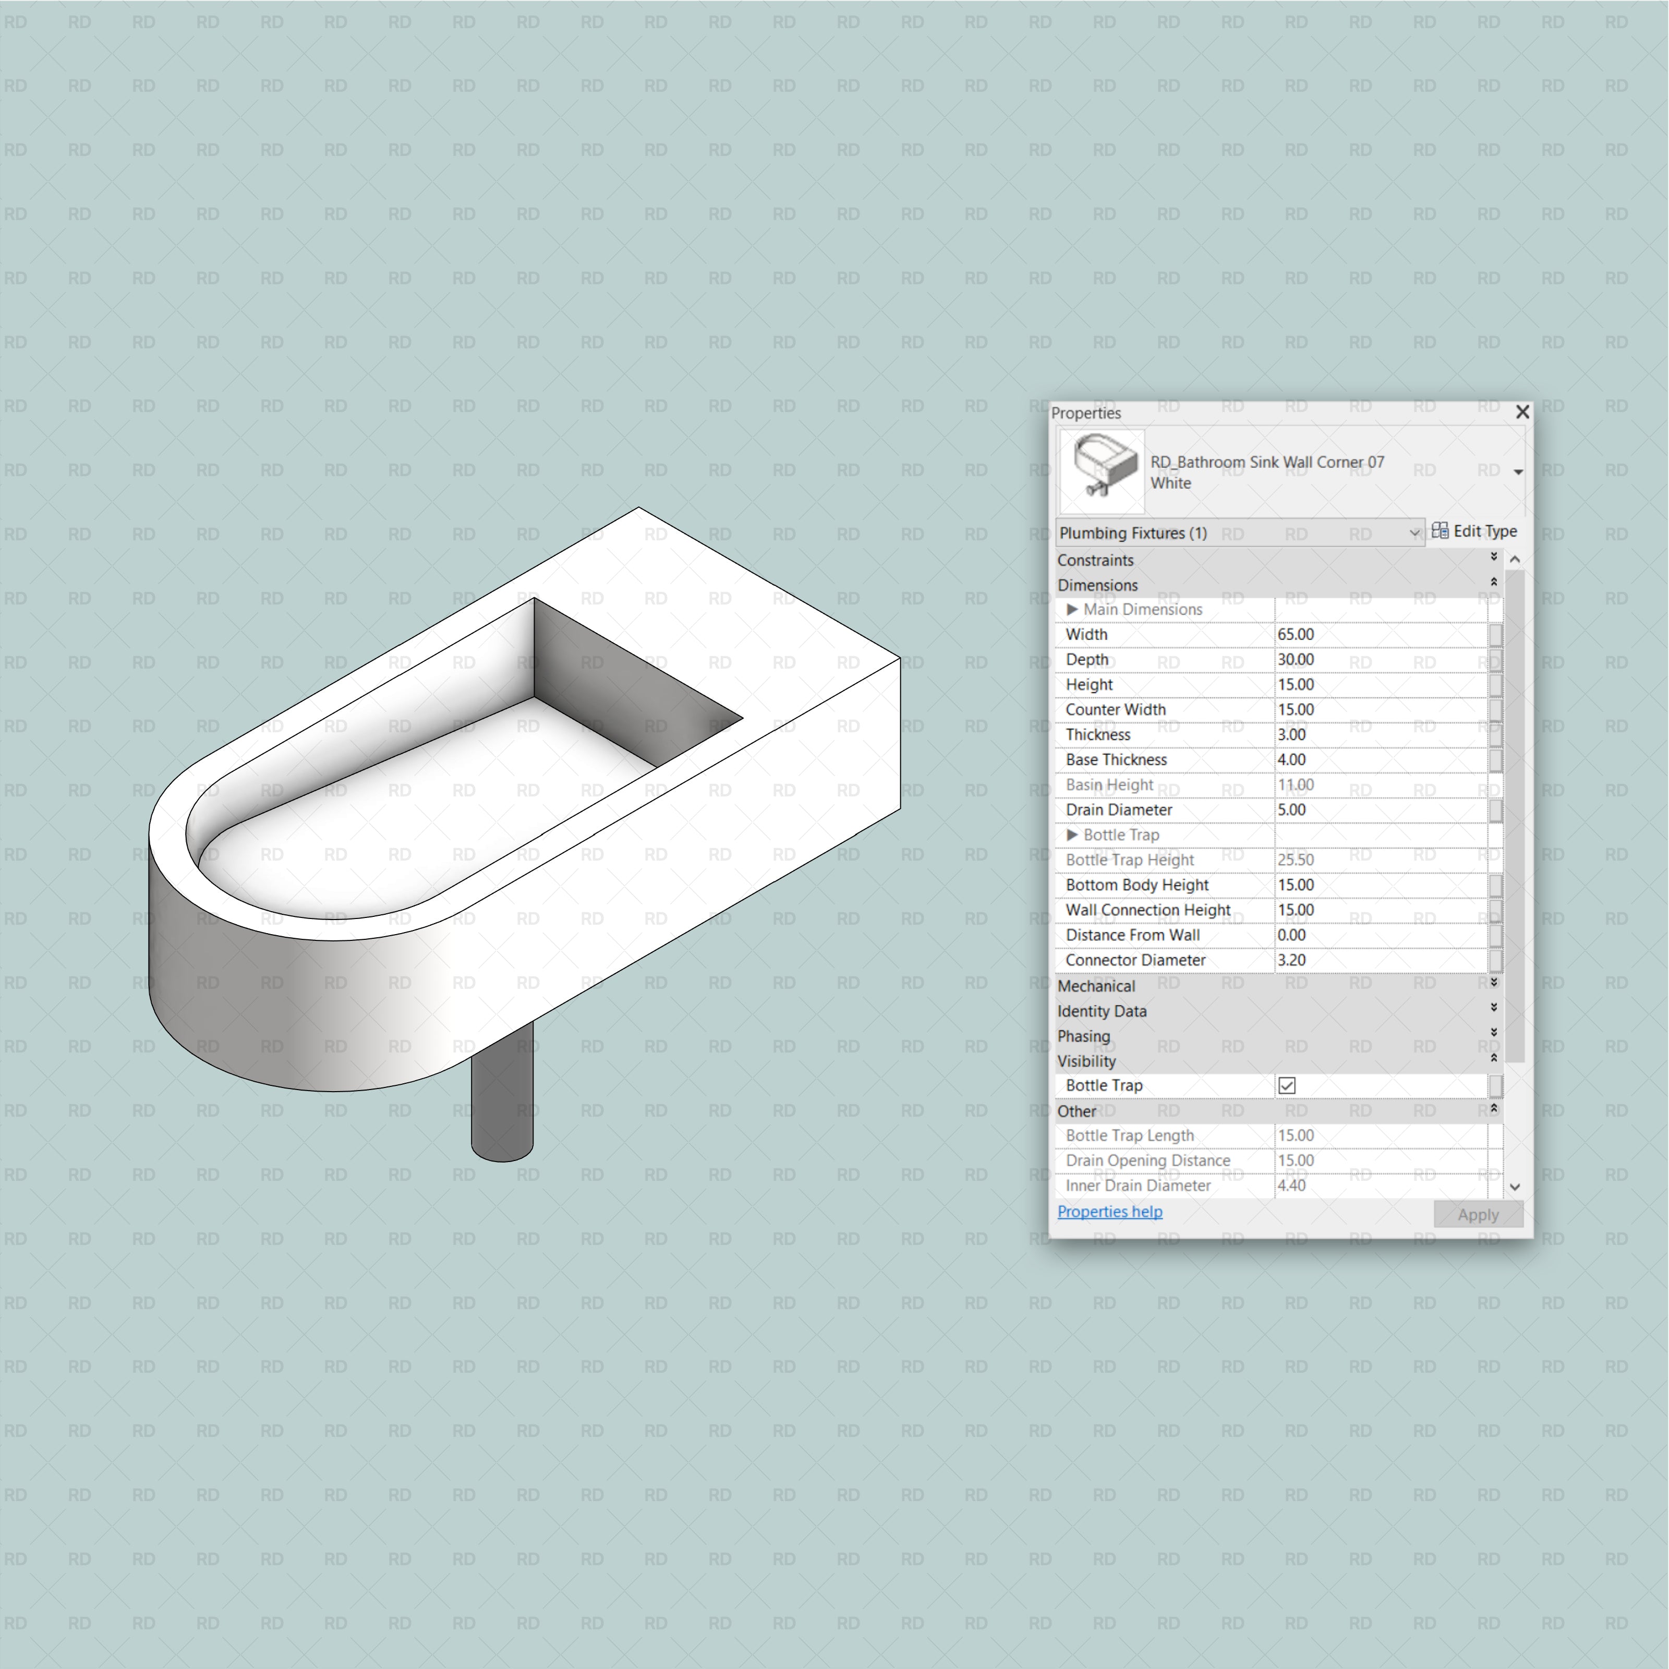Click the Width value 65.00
[x=1296, y=634]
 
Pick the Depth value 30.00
[x=1296, y=659]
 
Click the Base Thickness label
[x=1116, y=759]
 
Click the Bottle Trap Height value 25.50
[x=1296, y=860]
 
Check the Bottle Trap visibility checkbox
[x=1286, y=1085]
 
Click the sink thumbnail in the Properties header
[x=1102, y=471]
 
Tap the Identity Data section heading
[x=1102, y=1011]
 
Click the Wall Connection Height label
[x=1147, y=910]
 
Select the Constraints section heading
[x=1095, y=560]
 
